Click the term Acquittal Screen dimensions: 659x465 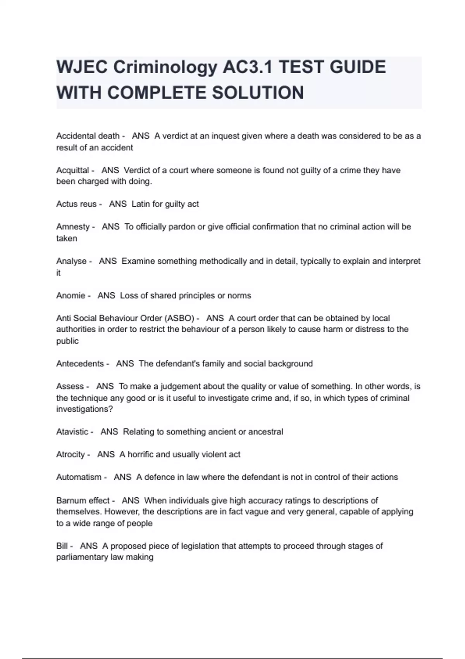[x=72, y=170]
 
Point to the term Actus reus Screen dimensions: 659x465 [x=76, y=204]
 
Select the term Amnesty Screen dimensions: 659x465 [x=73, y=227]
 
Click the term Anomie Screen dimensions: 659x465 [x=71, y=295]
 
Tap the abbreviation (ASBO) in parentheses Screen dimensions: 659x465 [x=179, y=318]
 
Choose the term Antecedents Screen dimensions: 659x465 [x=80, y=364]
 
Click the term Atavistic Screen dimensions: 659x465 [x=72, y=432]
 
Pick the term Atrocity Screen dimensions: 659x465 [x=70, y=454]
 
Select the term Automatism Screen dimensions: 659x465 [x=79, y=477]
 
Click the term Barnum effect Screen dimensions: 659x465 [x=83, y=500]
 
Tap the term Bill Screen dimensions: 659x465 [x=62, y=546]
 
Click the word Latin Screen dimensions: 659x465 [x=140, y=204]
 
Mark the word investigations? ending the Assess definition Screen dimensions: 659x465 [x=84, y=409]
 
